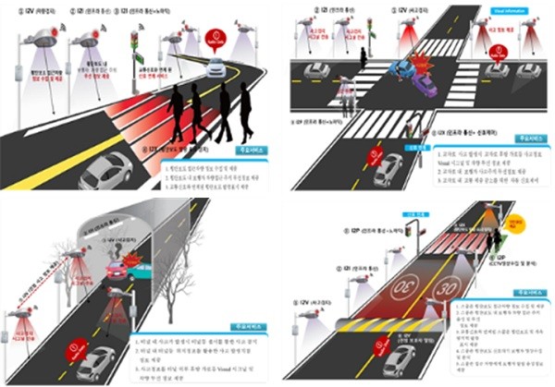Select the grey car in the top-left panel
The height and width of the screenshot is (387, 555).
pyautogui.click(x=106, y=172)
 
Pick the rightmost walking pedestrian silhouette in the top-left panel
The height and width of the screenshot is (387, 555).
pyautogui.click(x=243, y=111)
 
